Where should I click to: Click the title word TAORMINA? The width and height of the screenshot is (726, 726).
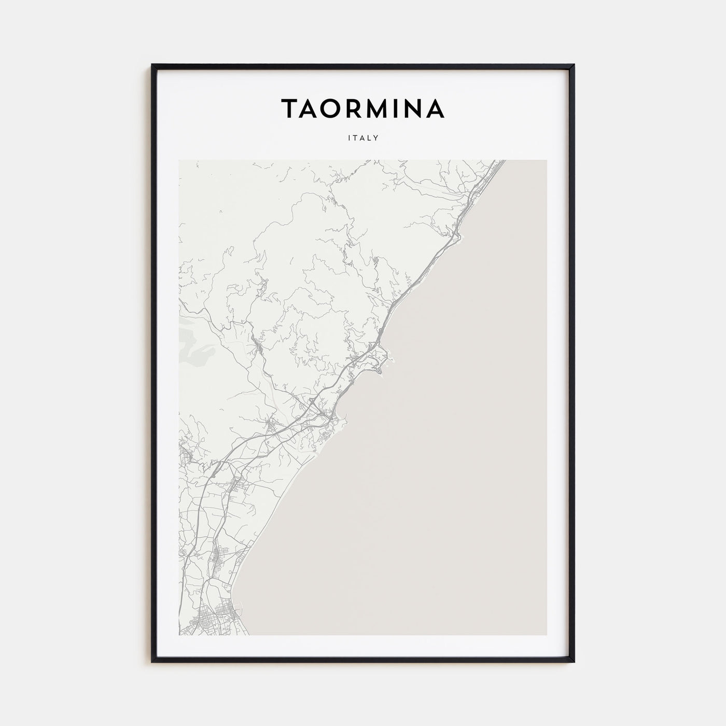click(x=362, y=108)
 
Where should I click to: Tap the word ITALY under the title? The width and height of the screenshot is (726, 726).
click(x=363, y=138)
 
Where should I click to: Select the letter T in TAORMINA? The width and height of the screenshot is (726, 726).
click(x=290, y=108)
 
